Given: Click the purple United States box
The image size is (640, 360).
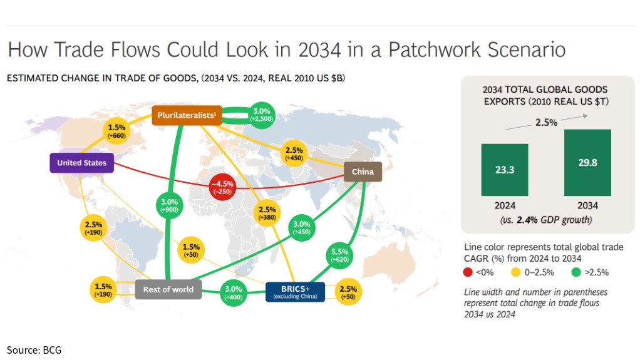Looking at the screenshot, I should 81,163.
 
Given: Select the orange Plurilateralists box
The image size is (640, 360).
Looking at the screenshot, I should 187,115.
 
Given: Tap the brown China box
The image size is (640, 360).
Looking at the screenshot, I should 363,172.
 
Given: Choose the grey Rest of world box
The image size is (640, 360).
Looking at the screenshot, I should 168,289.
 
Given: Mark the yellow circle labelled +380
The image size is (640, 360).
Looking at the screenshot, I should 266,213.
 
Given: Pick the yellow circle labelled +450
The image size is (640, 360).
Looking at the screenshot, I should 294,153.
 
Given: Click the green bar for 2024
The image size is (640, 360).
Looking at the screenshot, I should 505,170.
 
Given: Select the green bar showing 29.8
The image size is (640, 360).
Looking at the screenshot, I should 587,163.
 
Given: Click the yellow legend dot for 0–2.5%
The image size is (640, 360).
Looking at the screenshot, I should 515,272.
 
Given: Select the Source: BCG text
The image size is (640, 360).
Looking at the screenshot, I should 34,349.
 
